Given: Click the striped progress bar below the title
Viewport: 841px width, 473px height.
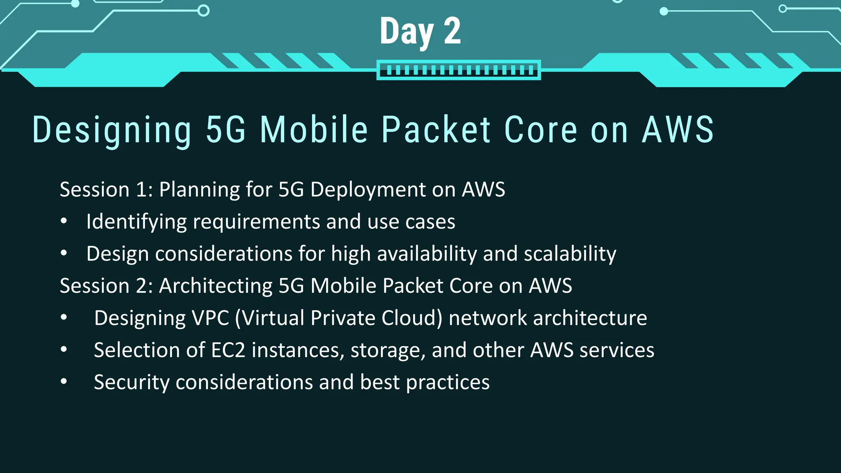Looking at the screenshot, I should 458,70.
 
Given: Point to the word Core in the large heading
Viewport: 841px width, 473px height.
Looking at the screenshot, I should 540,130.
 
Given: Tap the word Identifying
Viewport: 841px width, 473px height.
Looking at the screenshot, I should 136,222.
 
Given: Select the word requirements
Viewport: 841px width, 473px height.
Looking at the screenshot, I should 256,222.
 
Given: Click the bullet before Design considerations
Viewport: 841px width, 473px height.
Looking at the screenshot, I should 64,253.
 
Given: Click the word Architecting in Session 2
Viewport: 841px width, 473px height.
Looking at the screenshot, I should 215,286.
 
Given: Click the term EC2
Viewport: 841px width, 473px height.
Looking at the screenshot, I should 228,350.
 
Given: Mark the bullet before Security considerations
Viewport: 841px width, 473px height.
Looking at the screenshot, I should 64,382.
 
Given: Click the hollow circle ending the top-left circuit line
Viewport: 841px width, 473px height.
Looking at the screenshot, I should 203,10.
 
